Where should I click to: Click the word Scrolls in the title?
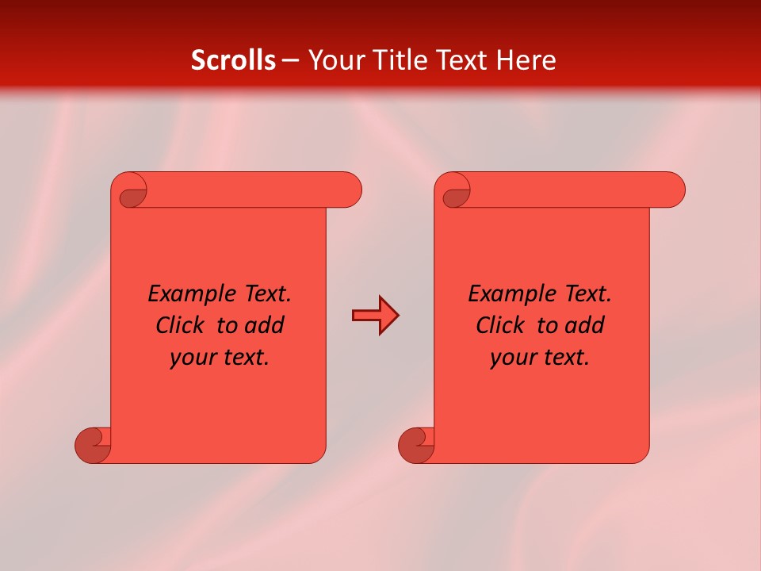(233, 60)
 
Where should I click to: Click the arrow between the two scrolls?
(375, 316)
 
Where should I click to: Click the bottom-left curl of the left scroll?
(93, 446)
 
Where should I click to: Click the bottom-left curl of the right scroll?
(416, 446)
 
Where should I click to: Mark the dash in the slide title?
(291, 60)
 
